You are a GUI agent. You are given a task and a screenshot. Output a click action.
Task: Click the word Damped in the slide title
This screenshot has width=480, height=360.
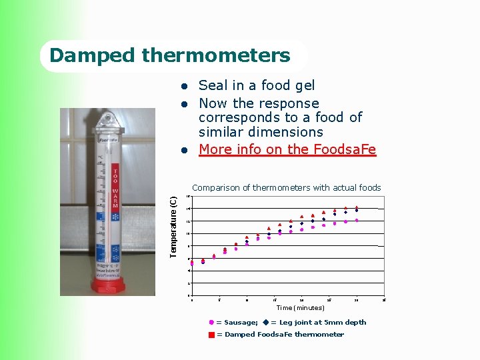pyautogui.click(x=83, y=55)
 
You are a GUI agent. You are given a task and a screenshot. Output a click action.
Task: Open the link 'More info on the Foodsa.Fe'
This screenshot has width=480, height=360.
pyautogui.click(x=287, y=149)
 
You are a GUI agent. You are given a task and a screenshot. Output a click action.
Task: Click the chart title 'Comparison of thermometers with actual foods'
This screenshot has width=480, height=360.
pyautogui.click(x=286, y=188)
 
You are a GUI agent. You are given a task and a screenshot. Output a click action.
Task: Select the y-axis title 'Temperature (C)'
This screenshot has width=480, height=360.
pyautogui.click(x=173, y=227)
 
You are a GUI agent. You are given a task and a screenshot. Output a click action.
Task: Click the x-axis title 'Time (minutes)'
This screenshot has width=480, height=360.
pyautogui.click(x=300, y=308)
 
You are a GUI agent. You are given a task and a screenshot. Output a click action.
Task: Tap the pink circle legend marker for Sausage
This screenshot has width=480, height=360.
pyautogui.click(x=211, y=323)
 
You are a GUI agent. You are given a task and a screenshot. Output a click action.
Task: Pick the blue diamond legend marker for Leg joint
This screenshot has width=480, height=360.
pyautogui.click(x=265, y=323)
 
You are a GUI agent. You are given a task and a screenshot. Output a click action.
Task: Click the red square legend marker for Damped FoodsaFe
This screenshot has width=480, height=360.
pyautogui.click(x=211, y=335)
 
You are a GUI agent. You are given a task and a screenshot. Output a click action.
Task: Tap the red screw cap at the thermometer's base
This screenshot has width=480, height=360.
pyautogui.click(x=107, y=286)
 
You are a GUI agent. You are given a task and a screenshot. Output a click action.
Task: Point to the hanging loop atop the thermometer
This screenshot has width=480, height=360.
pyautogui.click(x=107, y=120)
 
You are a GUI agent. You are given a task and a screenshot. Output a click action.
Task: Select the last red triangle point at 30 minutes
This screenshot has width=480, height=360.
pyautogui.click(x=357, y=207)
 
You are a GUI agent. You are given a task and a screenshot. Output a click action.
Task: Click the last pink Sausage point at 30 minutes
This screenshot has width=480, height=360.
pyautogui.click(x=357, y=220)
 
